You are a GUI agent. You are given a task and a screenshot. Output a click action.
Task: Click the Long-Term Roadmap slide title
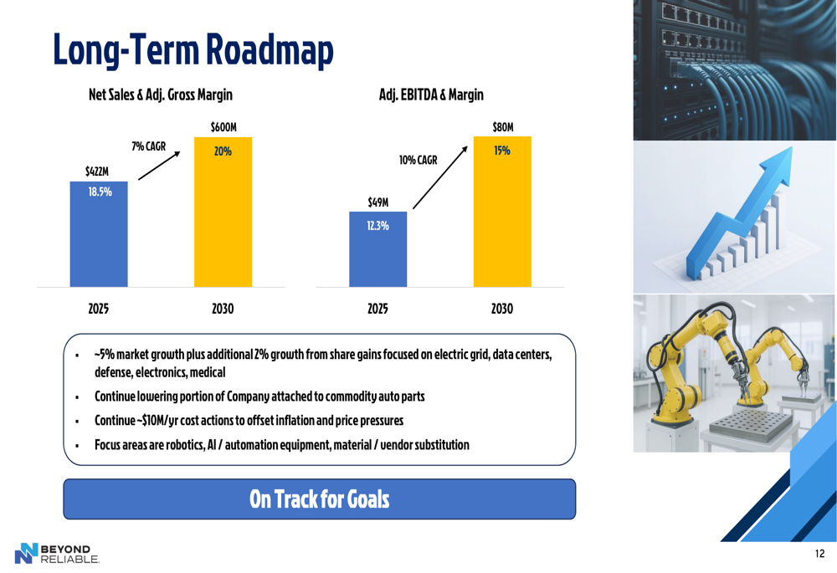(x=193, y=50)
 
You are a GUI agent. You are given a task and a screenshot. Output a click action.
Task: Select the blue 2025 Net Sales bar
(x=99, y=234)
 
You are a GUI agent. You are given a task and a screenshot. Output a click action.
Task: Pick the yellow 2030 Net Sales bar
(x=223, y=212)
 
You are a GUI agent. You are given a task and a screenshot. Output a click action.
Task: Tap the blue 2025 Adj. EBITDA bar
(x=378, y=249)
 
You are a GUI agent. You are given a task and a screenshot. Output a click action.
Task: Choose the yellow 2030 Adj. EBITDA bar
(x=502, y=212)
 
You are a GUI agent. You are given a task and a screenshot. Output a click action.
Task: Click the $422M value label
(x=97, y=171)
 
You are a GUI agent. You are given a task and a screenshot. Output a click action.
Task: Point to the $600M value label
(x=223, y=127)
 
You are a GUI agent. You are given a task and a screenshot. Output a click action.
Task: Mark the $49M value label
(x=378, y=202)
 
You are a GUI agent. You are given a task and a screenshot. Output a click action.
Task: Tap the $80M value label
(x=503, y=127)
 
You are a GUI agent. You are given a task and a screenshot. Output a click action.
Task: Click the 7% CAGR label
(x=149, y=146)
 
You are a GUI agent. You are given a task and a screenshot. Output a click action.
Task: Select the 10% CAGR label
(x=418, y=160)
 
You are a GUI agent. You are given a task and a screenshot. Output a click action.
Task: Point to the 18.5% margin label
(x=100, y=192)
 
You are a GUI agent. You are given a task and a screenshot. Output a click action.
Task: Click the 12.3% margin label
(x=378, y=226)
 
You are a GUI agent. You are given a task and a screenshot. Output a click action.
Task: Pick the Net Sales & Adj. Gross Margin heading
(x=161, y=95)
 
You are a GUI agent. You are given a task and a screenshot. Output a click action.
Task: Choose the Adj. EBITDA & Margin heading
(x=431, y=95)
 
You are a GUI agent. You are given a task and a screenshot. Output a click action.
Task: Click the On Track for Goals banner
(x=319, y=499)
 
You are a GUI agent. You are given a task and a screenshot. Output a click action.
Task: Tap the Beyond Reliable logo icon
(x=26, y=553)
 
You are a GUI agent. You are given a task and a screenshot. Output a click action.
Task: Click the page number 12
(x=820, y=553)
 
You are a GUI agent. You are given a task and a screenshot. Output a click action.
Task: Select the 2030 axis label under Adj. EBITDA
(x=502, y=309)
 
